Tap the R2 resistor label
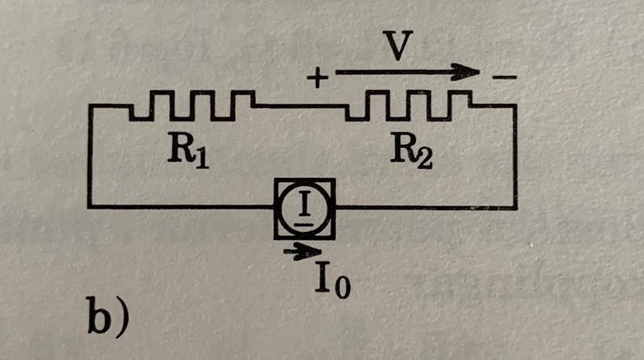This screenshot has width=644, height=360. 411,152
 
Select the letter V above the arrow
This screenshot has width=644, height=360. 395,48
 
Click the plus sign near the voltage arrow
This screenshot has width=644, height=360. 319,78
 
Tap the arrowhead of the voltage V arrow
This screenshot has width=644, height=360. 467,72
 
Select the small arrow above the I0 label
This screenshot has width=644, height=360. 303,252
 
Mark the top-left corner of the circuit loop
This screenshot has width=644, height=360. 89,107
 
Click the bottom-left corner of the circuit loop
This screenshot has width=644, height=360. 89,208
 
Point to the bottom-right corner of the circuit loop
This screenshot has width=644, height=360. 516,208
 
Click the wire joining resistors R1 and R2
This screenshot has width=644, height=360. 302,106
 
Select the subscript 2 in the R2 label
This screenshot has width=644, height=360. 423,158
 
